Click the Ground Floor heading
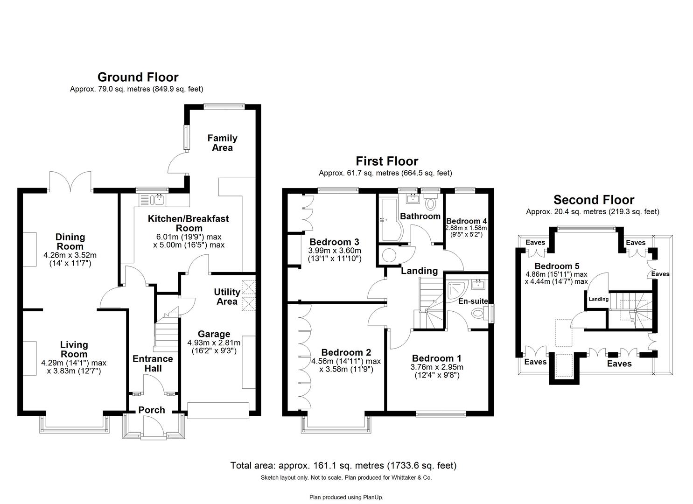point(138,77)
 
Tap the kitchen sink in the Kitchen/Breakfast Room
point(154,200)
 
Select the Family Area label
point(222,143)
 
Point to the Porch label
point(152,410)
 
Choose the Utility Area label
point(227,297)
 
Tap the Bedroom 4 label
point(466,221)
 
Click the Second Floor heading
point(594,200)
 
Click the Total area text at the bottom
point(343,465)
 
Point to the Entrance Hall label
point(153,364)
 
